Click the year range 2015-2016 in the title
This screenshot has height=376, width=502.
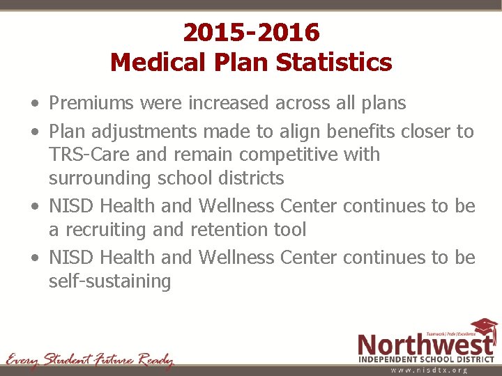coord(251,32)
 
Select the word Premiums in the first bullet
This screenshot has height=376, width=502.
coord(91,104)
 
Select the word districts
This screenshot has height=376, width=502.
coord(248,178)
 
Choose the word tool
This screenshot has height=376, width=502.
coord(289,229)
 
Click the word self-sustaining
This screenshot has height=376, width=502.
coord(109,281)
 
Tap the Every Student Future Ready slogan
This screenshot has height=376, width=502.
coord(89,360)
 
